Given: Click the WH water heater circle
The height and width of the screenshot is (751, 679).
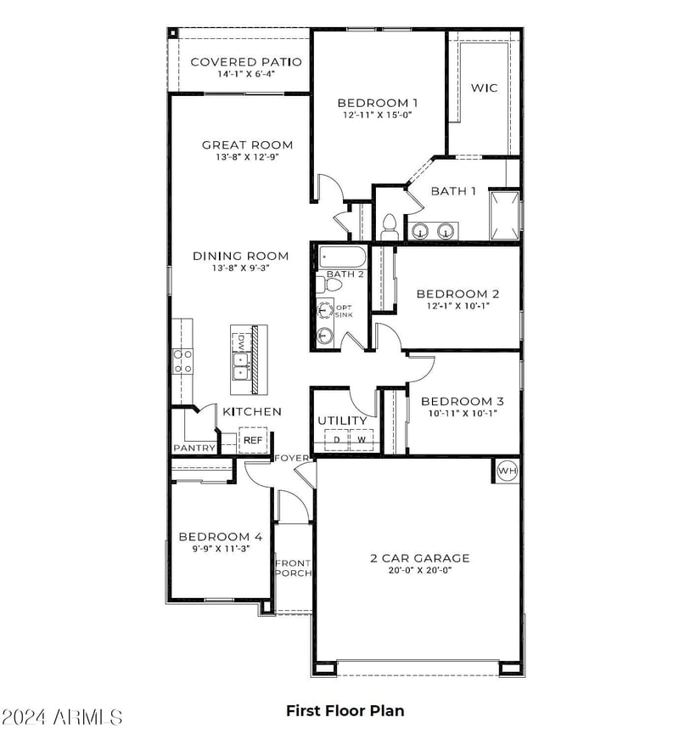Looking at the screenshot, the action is (x=508, y=471).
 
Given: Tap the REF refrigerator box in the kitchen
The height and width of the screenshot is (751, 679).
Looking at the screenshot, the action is (x=253, y=440).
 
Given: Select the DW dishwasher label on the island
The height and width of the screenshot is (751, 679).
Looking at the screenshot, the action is (x=241, y=342).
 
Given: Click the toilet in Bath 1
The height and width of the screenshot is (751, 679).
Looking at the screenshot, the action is (x=390, y=227).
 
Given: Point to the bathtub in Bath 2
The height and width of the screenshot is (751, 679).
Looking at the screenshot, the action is (x=342, y=257).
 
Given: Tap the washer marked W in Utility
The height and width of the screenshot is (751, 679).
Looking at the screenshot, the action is (x=362, y=440).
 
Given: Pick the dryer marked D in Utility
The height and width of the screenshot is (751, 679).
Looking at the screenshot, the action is (x=337, y=440).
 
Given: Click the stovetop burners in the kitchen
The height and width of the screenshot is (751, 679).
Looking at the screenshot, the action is (x=182, y=361).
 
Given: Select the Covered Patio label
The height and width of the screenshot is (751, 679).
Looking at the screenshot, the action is (x=246, y=62).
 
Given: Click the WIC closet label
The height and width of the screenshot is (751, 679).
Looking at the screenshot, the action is (x=485, y=88).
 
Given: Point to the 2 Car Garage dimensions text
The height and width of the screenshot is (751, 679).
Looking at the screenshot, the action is (x=420, y=570).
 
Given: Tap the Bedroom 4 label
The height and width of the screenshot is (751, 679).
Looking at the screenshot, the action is (x=221, y=536).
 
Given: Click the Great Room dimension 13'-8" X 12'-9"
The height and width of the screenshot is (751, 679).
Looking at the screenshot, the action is (x=247, y=157).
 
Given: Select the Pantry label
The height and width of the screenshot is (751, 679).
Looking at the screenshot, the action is (x=194, y=448).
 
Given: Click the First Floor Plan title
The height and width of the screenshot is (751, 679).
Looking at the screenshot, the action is (x=345, y=711).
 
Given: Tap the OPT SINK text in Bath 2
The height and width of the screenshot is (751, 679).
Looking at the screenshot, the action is (x=344, y=311).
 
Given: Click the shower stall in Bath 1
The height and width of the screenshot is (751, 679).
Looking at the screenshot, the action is (x=504, y=216).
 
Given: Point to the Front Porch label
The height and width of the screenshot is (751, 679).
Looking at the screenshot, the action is (x=293, y=568).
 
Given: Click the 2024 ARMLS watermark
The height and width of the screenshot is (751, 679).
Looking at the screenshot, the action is (x=62, y=717).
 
